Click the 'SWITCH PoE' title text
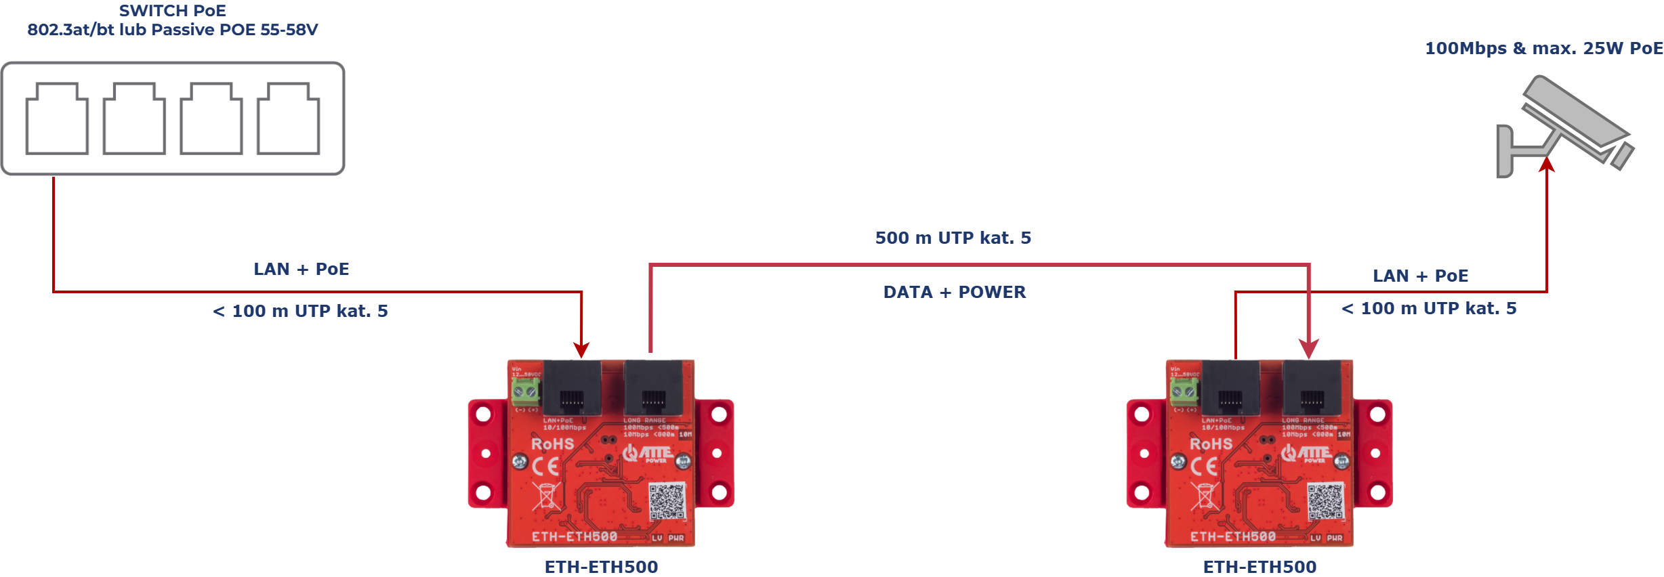pyautogui.click(x=173, y=11)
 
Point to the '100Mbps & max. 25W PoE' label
pyautogui.click(x=1543, y=49)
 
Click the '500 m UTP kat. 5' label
pyautogui.click(x=953, y=238)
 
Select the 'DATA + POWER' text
pyautogui.click(x=954, y=292)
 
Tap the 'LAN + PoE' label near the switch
pyautogui.click(x=301, y=269)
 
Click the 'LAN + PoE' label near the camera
pyautogui.click(x=1420, y=276)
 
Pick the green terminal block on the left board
pyautogui.click(x=525, y=391)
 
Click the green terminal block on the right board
pyautogui.click(x=1184, y=391)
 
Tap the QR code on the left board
pyautogui.click(x=667, y=501)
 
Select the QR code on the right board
pyautogui.click(x=1325, y=501)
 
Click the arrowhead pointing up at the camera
pyautogui.click(x=1546, y=165)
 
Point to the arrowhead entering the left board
pyautogui.click(x=581, y=349)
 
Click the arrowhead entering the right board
pyautogui.click(x=1309, y=349)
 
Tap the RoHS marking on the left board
pyautogui.click(x=552, y=444)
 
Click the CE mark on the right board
pyautogui.click(x=1204, y=466)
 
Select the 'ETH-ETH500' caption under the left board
pyautogui.click(x=601, y=567)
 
